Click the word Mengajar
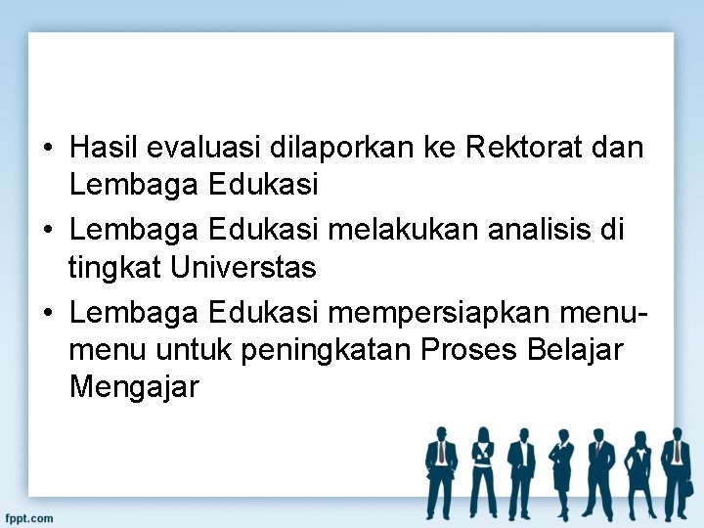[x=134, y=388]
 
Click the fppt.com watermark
[x=28, y=517]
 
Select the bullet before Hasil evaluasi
[x=48, y=149]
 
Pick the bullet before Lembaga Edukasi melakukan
[x=48, y=231]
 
